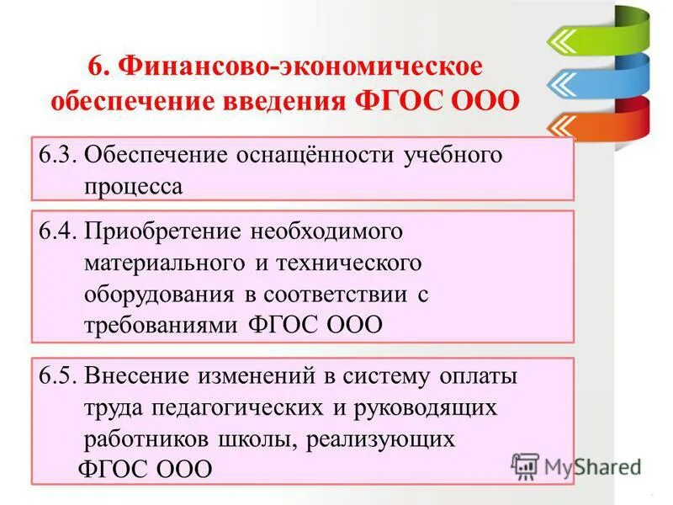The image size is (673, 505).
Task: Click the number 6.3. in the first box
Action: [x=60, y=157]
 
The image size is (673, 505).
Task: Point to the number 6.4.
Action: [x=60, y=230]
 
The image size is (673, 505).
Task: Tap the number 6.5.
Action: [x=60, y=376]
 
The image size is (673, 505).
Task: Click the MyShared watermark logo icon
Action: [x=527, y=466]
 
